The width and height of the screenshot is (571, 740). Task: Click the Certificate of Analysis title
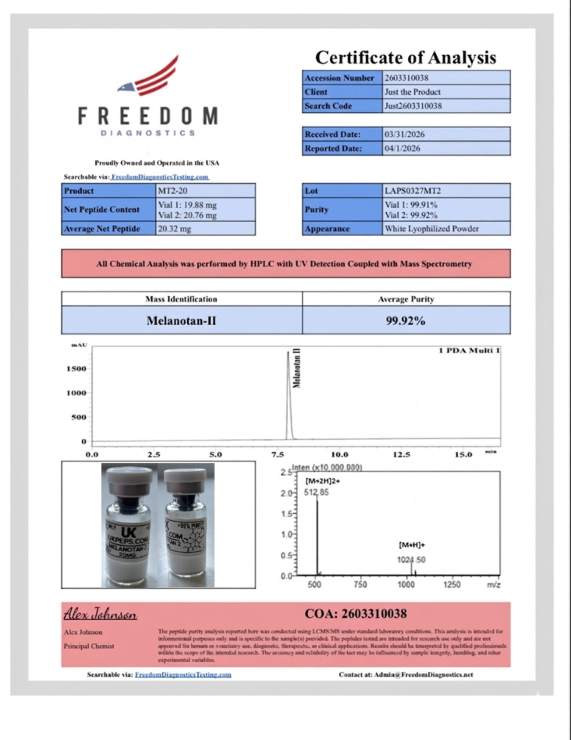tap(406, 57)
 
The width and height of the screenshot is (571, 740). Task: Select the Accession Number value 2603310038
tap(407, 78)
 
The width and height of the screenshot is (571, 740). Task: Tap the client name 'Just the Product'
tap(412, 92)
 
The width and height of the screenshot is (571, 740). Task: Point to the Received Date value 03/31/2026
tap(405, 134)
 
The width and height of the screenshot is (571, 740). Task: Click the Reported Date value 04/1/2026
tap(403, 148)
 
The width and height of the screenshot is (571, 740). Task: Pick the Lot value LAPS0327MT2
tap(412, 191)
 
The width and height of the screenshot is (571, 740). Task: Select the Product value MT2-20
tap(173, 191)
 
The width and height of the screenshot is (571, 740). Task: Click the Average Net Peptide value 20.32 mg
tap(175, 228)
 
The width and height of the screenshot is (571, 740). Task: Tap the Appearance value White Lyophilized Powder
tap(432, 228)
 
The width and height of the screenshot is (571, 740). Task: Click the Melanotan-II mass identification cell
tap(181, 321)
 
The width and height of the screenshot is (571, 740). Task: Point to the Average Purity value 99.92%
tap(406, 321)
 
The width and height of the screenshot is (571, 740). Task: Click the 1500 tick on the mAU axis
tap(76, 369)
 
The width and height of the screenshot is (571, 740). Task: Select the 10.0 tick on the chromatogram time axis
tap(340, 455)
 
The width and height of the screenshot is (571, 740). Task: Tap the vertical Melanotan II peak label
tap(297, 368)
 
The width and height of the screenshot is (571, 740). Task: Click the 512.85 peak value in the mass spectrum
tap(316, 492)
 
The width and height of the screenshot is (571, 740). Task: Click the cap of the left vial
tap(128, 476)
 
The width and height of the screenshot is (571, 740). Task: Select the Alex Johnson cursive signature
tap(100, 614)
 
